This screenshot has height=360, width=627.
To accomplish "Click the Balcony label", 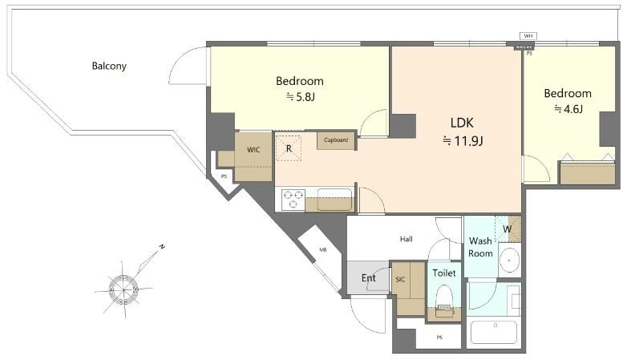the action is click(109, 66).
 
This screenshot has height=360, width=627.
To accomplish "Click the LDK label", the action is click(462, 123).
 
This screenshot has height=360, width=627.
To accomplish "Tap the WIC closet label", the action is click(253, 150).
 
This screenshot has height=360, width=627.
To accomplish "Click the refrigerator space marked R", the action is click(289, 148).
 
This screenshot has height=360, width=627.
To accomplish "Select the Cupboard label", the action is click(336, 140).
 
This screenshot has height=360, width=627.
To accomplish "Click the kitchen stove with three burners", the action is click(293, 200).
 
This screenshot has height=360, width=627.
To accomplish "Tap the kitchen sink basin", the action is click(334, 199).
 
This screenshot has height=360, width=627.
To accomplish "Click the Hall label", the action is click(407, 239).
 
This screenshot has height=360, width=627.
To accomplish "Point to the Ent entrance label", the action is click(368, 277).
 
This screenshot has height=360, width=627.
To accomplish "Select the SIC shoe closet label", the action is click(400, 280).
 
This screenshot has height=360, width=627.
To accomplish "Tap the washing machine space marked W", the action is click(508, 229).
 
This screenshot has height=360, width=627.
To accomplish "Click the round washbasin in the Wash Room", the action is click(509, 260).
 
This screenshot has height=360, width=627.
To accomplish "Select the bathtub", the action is click(495, 332).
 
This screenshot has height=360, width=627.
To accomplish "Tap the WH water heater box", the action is click(528, 36).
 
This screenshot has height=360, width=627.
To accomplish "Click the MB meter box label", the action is click(322, 249).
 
